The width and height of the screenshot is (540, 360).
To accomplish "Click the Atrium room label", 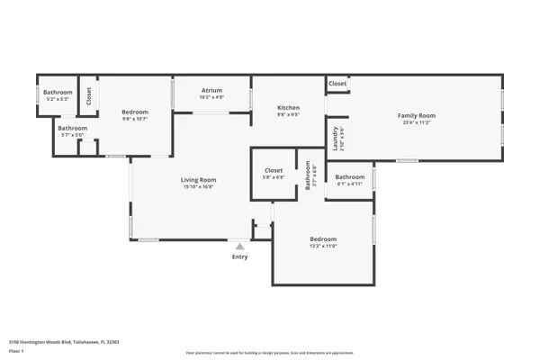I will click(x=211, y=90).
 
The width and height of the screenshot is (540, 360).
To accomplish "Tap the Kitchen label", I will click(x=288, y=108).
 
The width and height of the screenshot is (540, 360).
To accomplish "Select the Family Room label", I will click(x=417, y=115).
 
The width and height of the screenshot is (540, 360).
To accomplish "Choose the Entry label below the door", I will click(x=239, y=257).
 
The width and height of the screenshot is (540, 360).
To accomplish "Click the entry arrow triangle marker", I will click(x=239, y=245).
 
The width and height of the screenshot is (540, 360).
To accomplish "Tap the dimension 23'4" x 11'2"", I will click(x=417, y=122).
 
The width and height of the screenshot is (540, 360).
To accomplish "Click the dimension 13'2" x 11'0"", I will click(x=323, y=246).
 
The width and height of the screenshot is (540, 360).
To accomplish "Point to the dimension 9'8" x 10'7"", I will click(x=134, y=118).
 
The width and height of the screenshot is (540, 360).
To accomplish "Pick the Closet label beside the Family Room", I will click(x=337, y=84).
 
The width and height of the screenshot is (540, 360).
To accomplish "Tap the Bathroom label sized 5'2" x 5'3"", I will click(x=58, y=92).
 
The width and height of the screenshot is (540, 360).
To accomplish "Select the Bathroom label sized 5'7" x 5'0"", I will click(x=73, y=128).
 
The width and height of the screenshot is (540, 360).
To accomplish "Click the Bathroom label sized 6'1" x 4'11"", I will click(x=350, y=176).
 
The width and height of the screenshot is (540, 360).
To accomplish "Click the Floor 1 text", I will click(x=16, y=351).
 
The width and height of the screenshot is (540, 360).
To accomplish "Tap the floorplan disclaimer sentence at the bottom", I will click(x=270, y=353).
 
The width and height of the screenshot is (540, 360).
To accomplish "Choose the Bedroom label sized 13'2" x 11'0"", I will click(x=323, y=238).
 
